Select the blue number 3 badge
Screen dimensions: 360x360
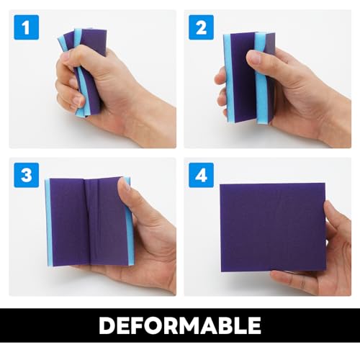click(25, 175)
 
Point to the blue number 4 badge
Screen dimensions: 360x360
click(200, 175)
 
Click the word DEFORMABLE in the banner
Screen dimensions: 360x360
click(179, 325)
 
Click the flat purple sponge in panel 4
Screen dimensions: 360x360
click(270, 227)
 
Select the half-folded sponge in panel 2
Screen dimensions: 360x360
click(245, 76)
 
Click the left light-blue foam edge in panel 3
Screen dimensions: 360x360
click(48, 223)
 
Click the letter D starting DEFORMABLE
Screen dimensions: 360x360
click(107, 325)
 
